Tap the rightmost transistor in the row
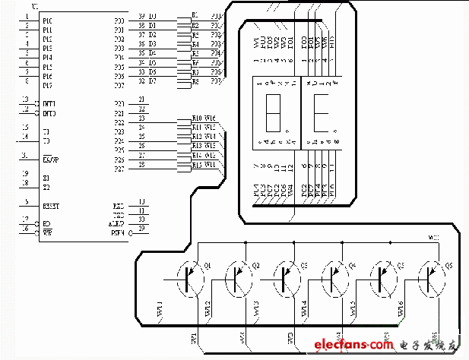pyautogui.click(x=429, y=278)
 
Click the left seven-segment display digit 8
pyautogui.click(x=272, y=111)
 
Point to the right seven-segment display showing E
pyautogui.click(x=320, y=111)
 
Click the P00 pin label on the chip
pyautogui.click(x=119, y=21)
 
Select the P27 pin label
pyautogui.click(x=119, y=169)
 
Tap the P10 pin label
pyautogui.click(x=47, y=21)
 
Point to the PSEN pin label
pyautogui.click(x=118, y=230)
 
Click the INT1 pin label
pyautogui.click(x=49, y=103)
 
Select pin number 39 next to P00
pyautogui.click(x=141, y=16)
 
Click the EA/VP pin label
pyautogui.click(x=50, y=159)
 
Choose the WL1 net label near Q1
pyautogui.click(x=160, y=309)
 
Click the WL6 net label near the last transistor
pyautogui.click(x=401, y=308)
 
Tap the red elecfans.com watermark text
pyautogui.click(x=353, y=345)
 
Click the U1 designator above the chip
pyautogui.click(x=31, y=5)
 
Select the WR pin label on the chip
pyautogui.click(x=47, y=231)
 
